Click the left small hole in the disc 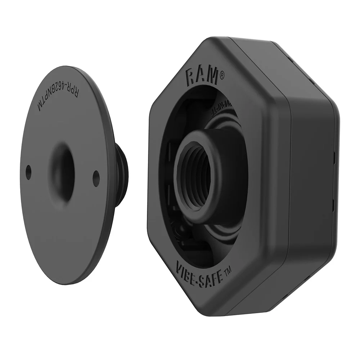click(28, 172)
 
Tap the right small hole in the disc click(96, 178)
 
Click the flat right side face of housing click(313, 180)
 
